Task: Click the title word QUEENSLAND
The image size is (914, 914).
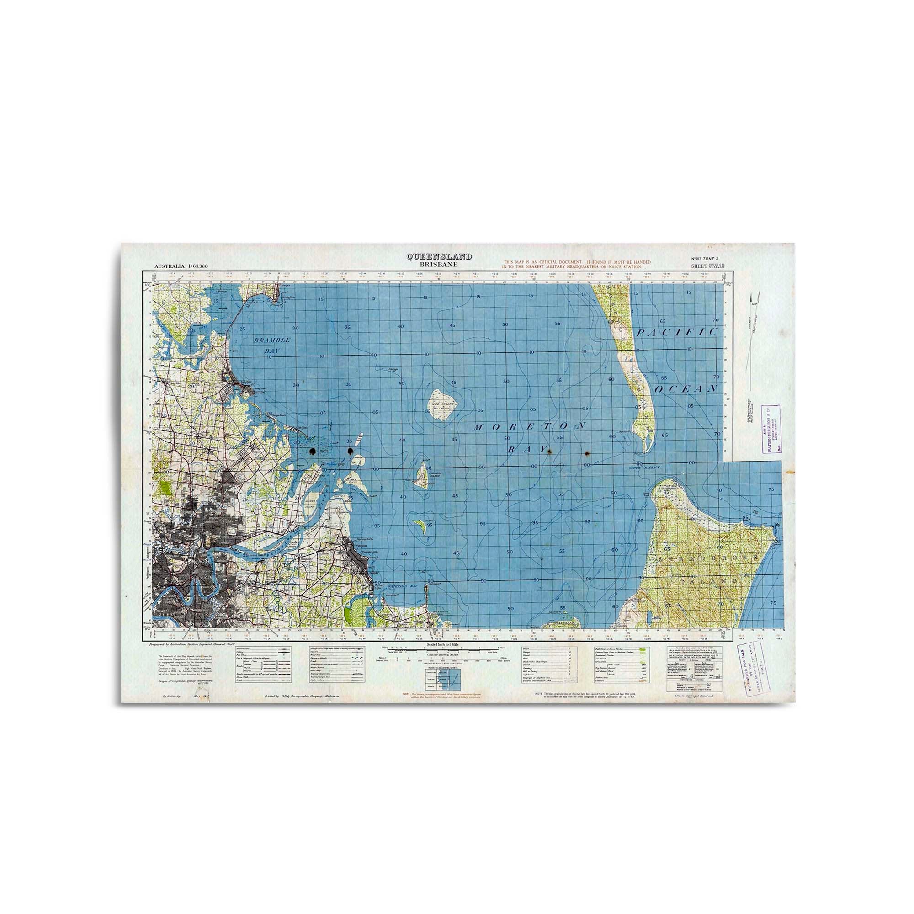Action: (440, 257)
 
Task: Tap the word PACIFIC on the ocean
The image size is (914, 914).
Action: (676, 332)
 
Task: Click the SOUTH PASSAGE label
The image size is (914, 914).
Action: (644, 468)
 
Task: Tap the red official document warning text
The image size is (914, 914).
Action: (576, 264)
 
